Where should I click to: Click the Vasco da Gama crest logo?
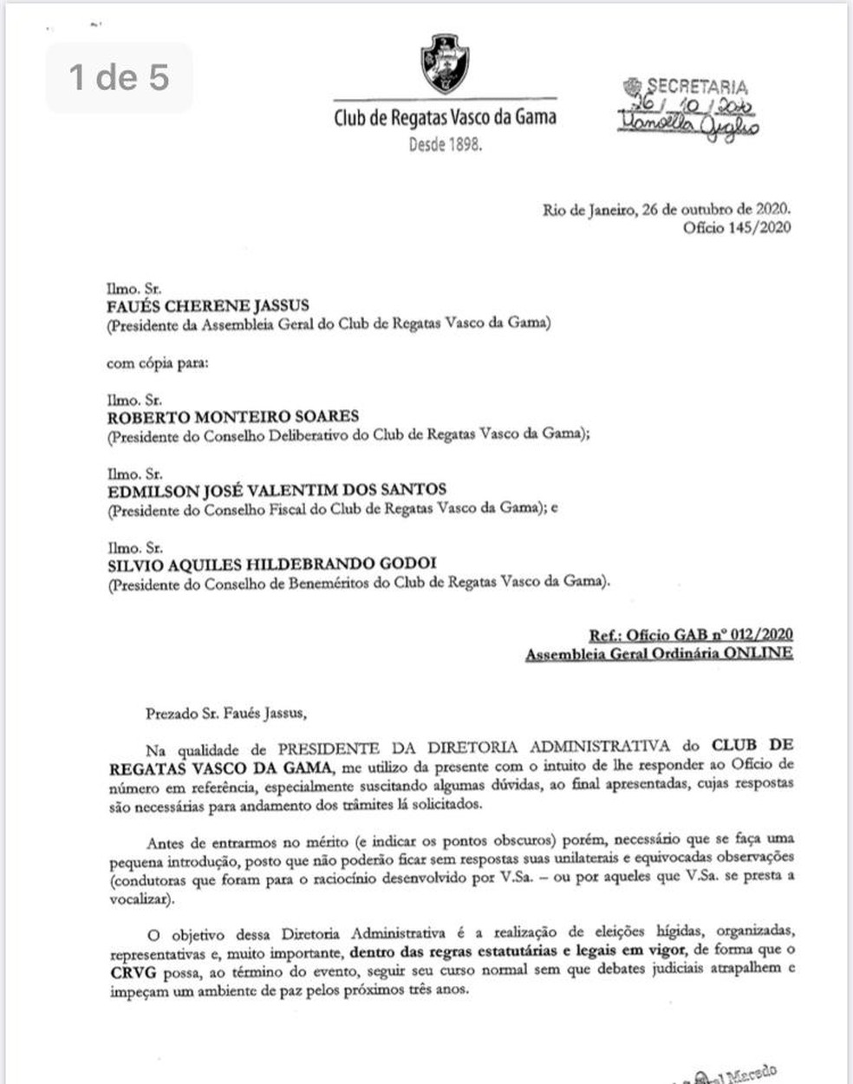tap(445, 64)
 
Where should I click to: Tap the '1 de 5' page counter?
tap(119, 77)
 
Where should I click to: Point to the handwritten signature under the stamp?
tap(688, 127)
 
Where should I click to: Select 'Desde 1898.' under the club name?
tap(445, 144)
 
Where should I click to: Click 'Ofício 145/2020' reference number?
tap(737, 227)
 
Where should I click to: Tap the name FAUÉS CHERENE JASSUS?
tap(207, 306)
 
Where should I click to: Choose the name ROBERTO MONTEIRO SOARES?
tap(232, 416)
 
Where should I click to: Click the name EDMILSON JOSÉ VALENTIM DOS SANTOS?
tap(277, 490)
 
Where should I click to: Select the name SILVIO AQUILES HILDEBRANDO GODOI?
tap(271, 564)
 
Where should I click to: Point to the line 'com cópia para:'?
tap(157, 363)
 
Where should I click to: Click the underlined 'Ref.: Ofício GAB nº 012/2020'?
tap(691, 636)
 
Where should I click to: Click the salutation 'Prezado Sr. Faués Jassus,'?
tap(226, 714)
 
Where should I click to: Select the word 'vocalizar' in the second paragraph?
tap(140, 899)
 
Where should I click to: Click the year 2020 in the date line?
tap(772, 210)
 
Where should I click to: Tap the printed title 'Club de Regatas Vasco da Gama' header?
tap(445, 117)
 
